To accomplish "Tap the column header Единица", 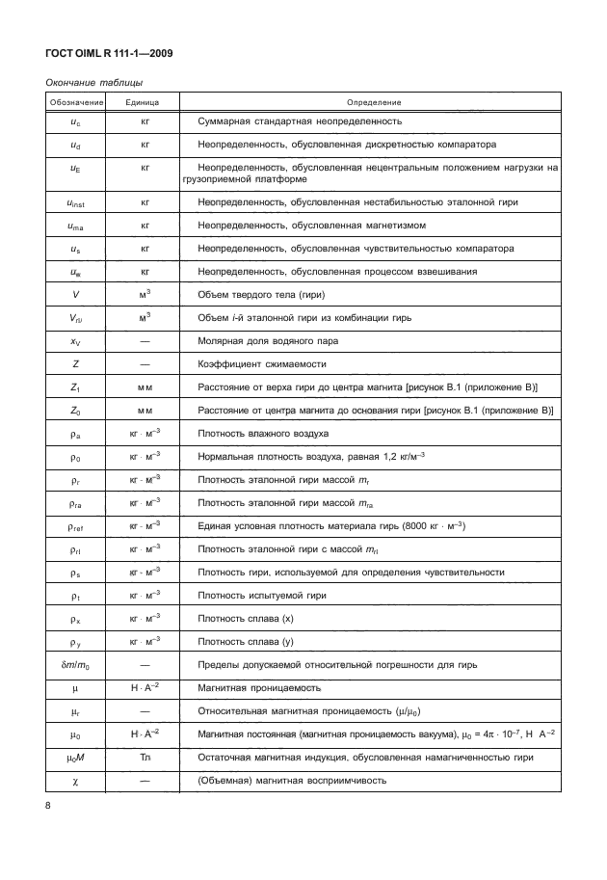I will tap(144, 101).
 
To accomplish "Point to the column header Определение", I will tap(374, 101).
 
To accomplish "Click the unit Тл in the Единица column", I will tap(144, 758).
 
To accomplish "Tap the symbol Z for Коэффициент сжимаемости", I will tap(75, 363).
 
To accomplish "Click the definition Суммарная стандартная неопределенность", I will tap(299, 121).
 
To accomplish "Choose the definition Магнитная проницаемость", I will tap(252, 688).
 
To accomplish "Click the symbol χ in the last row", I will tap(75, 780).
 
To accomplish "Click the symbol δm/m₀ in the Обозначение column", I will tap(75, 665).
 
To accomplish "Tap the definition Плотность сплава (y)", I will tap(252, 642).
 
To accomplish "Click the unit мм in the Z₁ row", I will tap(144, 387).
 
